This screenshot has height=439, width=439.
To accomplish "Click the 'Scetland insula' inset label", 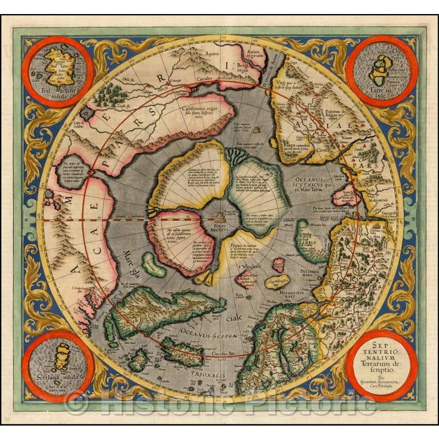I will click(x=57, y=376).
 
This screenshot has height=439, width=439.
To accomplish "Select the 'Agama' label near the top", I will click(x=213, y=52).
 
